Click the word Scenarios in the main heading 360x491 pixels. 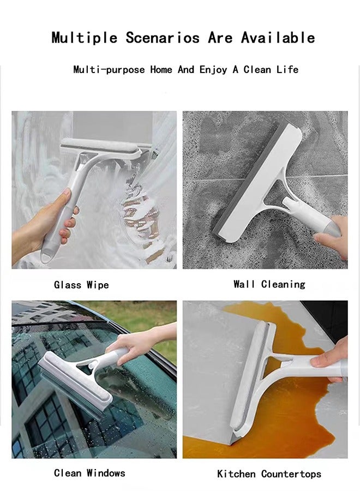[164, 38]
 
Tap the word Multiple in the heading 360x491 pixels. [85, 38]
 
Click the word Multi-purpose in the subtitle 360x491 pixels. [109, 70]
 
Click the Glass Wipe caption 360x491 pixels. [81, 285]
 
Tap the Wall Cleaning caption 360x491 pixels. [269, 284]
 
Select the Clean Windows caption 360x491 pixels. [89, 472]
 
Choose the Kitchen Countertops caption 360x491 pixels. [269, 474]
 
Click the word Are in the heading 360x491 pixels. [220, 38]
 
